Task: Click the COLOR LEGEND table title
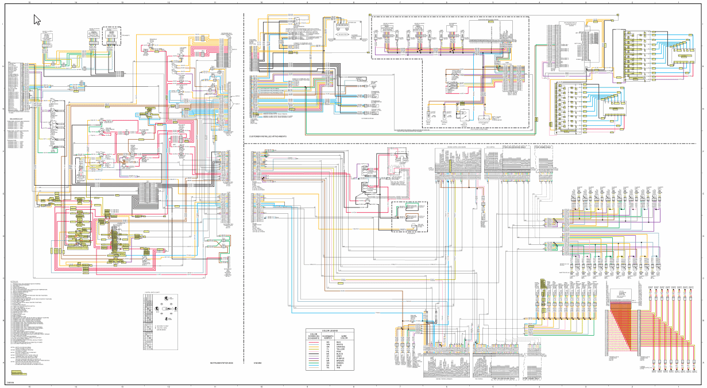pyautogui.click(x=330, y=331)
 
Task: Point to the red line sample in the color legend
pyautogui.click(x=314, y=343)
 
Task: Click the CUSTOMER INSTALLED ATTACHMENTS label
pyautogui.click(x=268, y=136)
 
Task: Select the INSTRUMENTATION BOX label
pyautogui.click(x=222, y=363)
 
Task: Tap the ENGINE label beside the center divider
pyautogui.click(x=258, y=363)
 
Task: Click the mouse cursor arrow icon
pyautogui.click(x=37, y=20)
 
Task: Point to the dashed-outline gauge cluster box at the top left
pyautogui.click(x=111, y=36)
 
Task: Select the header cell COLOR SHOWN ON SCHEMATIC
pyautogui.click(x=314, y=336)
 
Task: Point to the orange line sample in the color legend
pyautogui.click(x=314, y=347)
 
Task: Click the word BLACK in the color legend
pyautogui.click(x=343, y=354)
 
